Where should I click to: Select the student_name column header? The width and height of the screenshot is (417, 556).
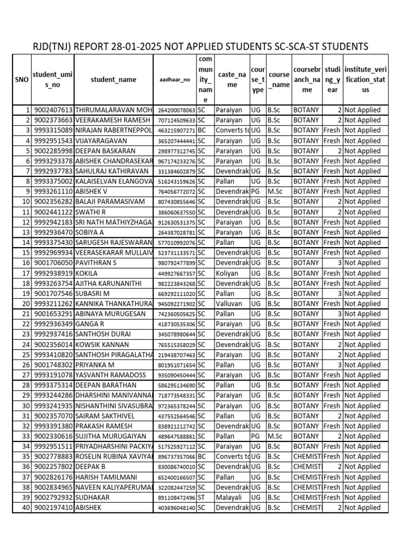pos(113,80)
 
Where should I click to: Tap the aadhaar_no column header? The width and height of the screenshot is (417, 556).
pos(175,80)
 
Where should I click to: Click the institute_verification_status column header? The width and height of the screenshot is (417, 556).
pos(365,80)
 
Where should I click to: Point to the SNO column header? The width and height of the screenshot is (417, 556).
pos(22,80)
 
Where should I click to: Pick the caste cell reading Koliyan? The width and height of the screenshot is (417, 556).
pos(228,274)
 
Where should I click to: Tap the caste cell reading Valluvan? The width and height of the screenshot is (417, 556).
pos(230,304)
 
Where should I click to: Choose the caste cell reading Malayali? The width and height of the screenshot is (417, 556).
pos(230,497)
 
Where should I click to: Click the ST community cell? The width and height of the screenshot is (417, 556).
pos(201,497)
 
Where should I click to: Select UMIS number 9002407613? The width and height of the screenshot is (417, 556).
pos(53,110)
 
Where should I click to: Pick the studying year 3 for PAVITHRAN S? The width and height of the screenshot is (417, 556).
pos(338,263)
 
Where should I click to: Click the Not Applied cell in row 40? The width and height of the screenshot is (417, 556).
pos(362,508)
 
